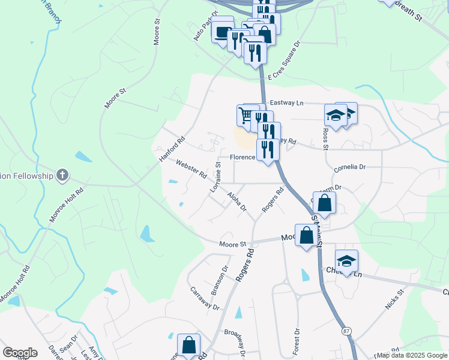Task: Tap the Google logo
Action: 20,353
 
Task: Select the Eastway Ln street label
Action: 286,103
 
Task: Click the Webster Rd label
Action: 191,169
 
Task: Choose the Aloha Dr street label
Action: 237,201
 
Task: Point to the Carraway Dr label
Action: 205,298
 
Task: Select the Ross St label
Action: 325,137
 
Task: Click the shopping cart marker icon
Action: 245,113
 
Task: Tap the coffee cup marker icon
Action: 223,31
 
